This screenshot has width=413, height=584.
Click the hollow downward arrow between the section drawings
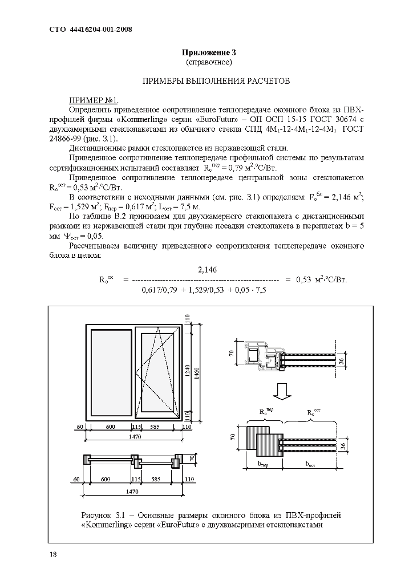[280, 391]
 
